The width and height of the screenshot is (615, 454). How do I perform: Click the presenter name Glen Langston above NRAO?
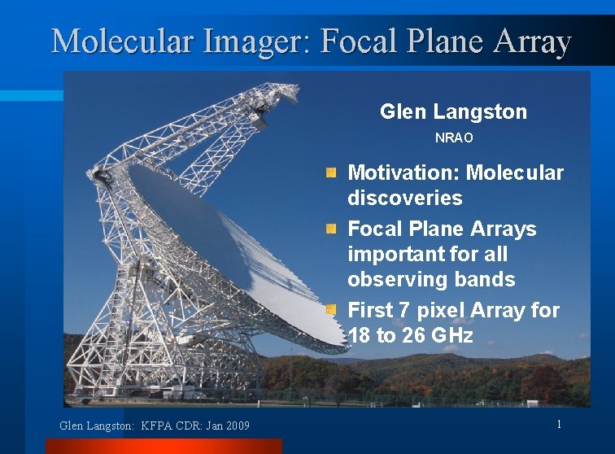click(x=453, y=111)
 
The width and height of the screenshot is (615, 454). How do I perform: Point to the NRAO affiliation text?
click(x=453, y=138)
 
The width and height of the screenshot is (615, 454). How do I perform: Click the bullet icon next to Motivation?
click(x=330, y=173)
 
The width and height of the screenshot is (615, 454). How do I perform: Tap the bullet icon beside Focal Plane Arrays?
click(x=330, y=229)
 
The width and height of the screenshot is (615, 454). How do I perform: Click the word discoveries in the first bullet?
click(x=404, y=198)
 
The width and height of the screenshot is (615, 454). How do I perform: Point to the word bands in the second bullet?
click(x=486, y=279)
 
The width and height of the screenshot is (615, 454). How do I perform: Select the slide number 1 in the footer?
click(x=559, y=424)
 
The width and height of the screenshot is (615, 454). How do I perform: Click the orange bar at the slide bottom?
click(x=163, y=446)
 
